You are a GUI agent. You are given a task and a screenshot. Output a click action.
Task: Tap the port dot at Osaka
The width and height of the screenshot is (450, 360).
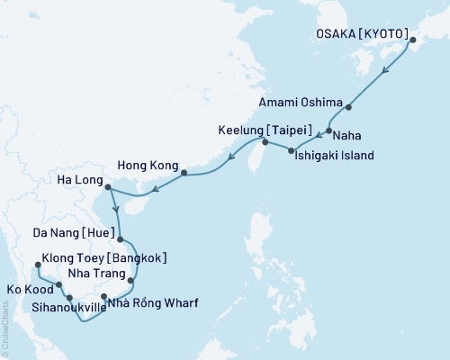coord(413,40)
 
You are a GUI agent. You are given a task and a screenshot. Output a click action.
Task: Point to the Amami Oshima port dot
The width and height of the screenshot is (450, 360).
coord(348,107)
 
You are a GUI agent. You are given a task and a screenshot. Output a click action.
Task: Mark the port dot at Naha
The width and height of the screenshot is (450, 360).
coord(329,131)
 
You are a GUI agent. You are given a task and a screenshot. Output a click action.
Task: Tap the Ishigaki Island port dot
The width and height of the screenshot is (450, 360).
coord(290,150)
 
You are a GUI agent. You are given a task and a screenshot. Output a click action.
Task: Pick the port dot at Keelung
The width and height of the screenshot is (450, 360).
coord(265,142)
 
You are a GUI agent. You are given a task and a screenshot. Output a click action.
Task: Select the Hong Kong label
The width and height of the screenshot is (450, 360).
coord(147,166)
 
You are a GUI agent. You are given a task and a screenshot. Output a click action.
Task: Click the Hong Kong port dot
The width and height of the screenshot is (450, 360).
coord(184,173)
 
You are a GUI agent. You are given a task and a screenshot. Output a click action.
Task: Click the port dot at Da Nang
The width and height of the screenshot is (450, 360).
coord(121,240)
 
